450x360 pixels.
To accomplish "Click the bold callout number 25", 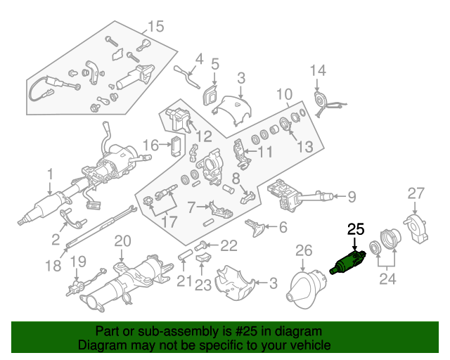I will (356, 229).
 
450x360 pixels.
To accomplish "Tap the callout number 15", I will (155, 27).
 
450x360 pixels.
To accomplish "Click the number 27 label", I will (417, 193).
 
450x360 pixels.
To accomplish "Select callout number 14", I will (319, 70).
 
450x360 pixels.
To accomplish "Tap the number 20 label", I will (122, 241).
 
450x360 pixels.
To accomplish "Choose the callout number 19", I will (77, 262).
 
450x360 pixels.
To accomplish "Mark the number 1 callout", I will (50, 173).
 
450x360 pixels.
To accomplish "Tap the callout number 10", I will (283, 94).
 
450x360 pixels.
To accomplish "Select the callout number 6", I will (283, 227).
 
